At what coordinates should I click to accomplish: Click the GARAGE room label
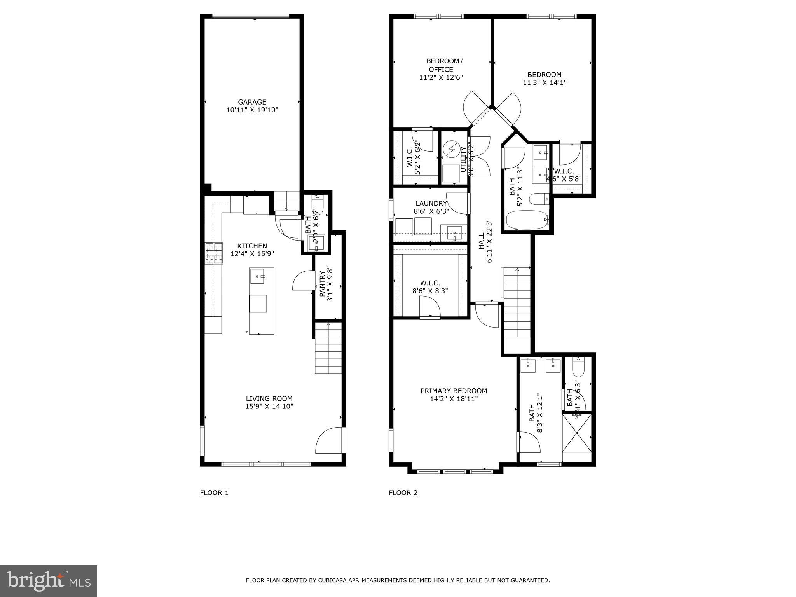coord(252,102)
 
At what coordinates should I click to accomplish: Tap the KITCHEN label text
coord(252,246)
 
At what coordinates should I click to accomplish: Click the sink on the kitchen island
coord(258,276)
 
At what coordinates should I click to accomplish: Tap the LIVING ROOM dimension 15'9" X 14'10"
coord(269,407)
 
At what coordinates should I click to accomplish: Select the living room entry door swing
coord(330,440)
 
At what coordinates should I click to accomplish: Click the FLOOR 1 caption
coord(214,493)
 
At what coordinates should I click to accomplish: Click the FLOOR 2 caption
coord(403,493)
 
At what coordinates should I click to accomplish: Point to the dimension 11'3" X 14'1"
coord(544,83)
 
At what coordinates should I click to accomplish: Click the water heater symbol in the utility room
coord(452,149)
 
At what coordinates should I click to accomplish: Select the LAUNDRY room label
coord(431,203)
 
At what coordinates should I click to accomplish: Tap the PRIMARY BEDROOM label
coord(454,391)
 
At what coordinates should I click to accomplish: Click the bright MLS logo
coord(49,581)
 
